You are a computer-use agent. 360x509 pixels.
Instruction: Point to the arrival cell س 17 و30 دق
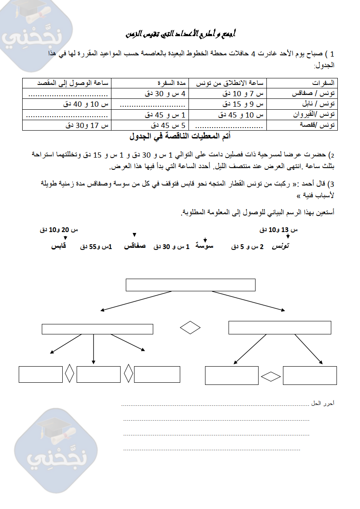87,125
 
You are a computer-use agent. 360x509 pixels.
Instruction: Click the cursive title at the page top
180,34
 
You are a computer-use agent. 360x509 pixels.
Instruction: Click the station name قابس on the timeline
59,246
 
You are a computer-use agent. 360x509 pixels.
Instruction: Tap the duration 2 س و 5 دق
248,247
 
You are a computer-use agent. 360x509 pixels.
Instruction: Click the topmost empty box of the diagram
190,285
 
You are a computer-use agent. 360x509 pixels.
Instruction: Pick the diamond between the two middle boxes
190,327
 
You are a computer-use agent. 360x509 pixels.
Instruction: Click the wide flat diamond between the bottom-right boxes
271,376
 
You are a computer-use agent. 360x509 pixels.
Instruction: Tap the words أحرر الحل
323,404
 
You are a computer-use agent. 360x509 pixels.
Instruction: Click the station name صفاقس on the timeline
135,246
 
